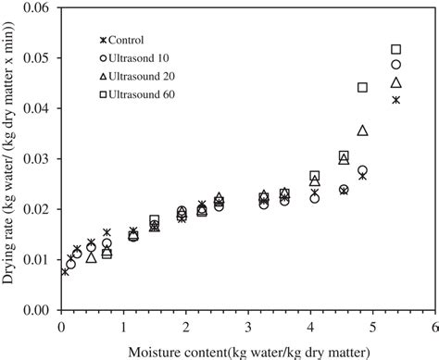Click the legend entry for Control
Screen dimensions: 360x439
click(128, 40)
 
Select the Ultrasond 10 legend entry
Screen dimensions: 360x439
click(136, 57)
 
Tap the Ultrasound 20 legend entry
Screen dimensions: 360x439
click(136, 76)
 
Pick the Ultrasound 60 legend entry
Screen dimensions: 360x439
click(136, 93)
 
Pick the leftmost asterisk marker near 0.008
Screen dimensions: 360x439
click(65, 271)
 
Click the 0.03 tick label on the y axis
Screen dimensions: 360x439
click(39, 158)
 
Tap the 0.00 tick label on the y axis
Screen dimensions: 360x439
click(39, 310)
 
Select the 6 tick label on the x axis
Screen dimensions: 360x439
click(434, 326)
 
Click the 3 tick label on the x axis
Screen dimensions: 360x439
click(247, 326)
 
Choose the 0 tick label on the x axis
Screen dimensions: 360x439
click(60, 326)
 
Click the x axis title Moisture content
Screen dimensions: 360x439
click(245, 349)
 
